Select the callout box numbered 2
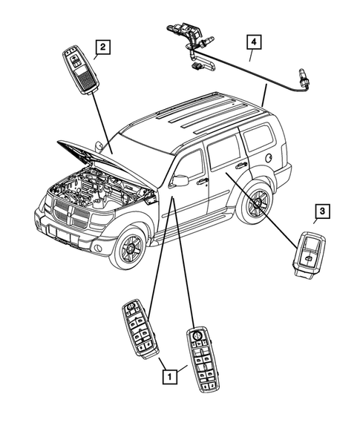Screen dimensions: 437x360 [x=103, y=48]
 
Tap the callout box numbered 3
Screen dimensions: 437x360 [x=322, y=212]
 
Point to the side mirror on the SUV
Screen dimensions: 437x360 [x=178, y=180]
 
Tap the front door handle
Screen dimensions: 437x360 [x=202, y=180]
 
